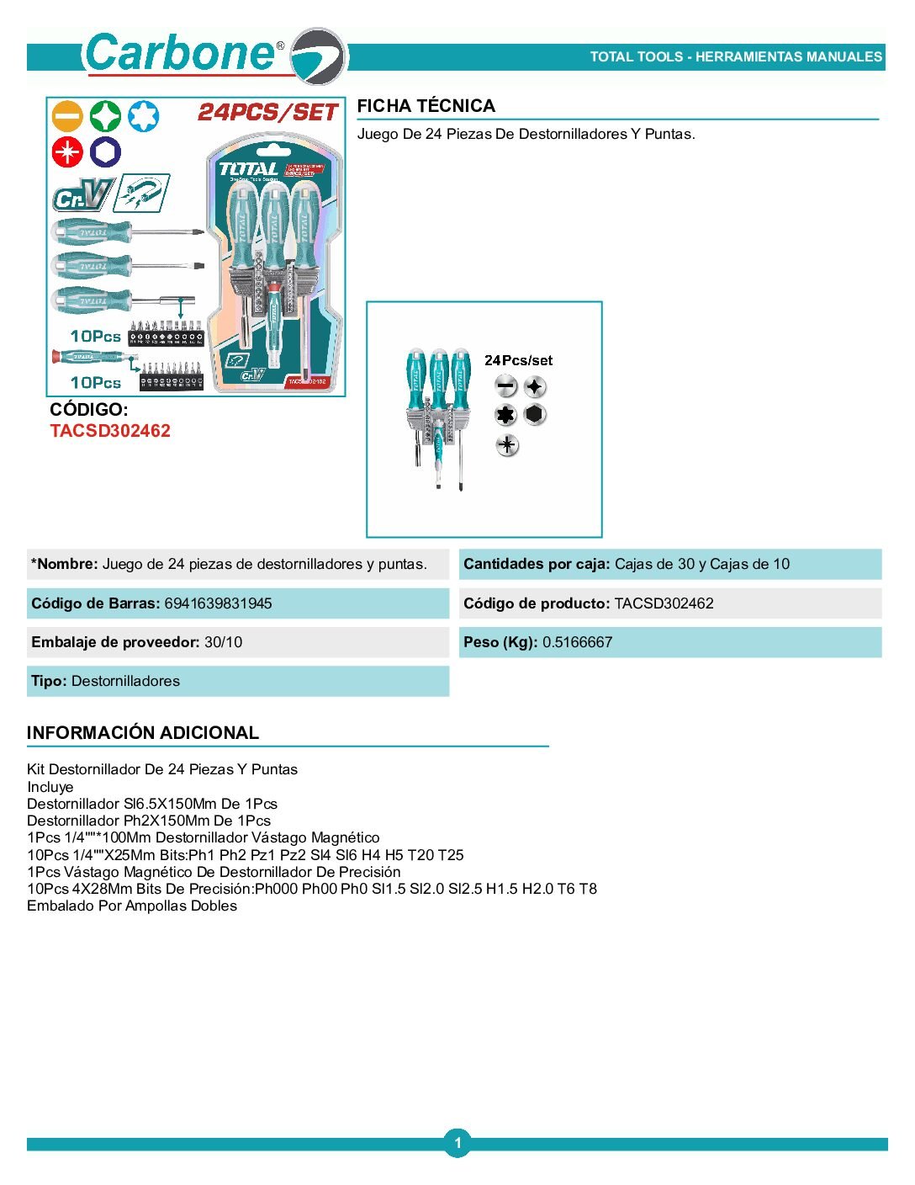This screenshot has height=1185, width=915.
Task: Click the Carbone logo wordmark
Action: [x=181, y=53]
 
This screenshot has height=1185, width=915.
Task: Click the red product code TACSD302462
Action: [x=110, y=431]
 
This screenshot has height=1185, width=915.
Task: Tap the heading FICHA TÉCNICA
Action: [x=426, y=106]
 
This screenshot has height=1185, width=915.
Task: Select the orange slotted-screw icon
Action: [x=67, y=116]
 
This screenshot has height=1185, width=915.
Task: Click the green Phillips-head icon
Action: [x=105, y=116]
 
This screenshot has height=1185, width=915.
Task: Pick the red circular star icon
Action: [x=67, y=152]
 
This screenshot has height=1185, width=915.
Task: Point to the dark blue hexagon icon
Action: [x=105, y=152]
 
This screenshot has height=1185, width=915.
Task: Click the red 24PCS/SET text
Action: [x=267, y=112]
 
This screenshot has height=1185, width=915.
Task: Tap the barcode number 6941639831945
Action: [x=218, y=603]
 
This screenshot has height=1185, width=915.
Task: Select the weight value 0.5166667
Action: [x=577, y=642]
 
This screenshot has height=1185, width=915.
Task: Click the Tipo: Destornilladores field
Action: [x=105, y=681]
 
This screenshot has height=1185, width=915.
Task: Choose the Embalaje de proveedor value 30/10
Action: [x=223, y=642]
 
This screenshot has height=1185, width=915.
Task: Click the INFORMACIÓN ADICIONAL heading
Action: [x=143, y=733]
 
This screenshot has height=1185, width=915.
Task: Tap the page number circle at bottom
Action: [x=457, y=1143]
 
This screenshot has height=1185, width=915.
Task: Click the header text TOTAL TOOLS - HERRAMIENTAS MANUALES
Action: [x=736, y=57]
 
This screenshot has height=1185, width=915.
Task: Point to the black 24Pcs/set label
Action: [x=518, y=360]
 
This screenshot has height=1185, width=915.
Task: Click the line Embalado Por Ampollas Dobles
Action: [x=132, y=906]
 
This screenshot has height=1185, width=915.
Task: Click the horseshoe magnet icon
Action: [x=142, y=194]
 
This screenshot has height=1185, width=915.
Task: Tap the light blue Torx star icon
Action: [x=143, y=116]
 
